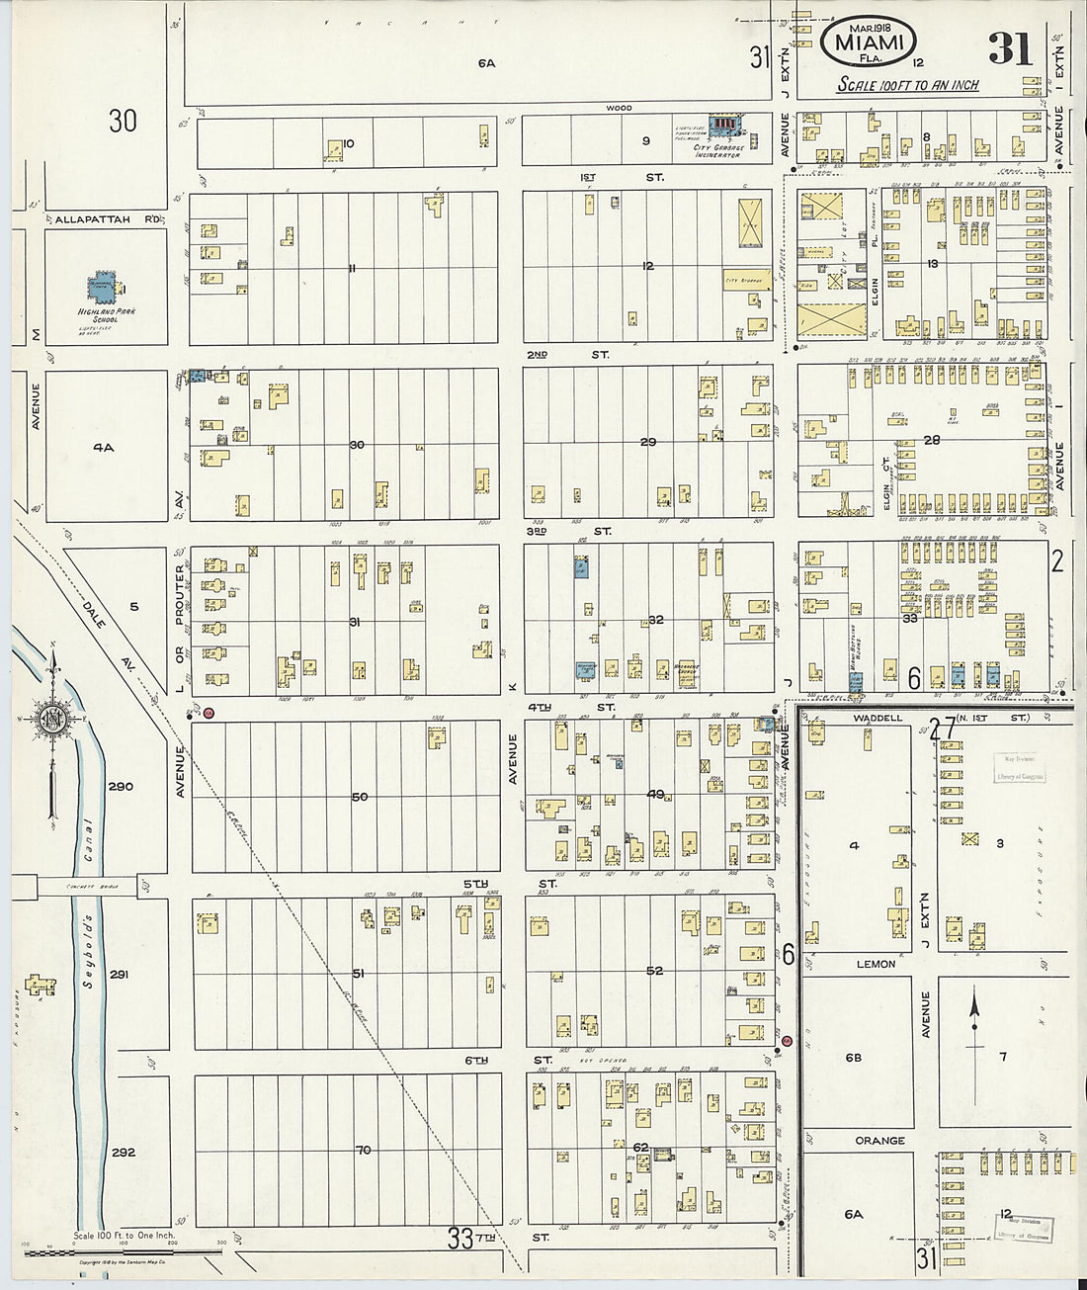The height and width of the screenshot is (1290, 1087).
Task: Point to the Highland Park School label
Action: coord(112,315)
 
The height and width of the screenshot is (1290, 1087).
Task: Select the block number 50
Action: coord(359,796)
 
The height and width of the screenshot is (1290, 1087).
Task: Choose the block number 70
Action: coord(363,1150)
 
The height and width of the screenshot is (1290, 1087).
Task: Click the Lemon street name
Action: coord(876,964)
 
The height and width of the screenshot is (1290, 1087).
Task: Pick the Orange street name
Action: coord(879,1140)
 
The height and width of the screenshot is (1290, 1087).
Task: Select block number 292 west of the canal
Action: coord(123,1152)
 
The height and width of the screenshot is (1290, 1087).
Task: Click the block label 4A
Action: coord(104,447)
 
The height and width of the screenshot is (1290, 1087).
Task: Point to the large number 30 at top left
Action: coord(123,122)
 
